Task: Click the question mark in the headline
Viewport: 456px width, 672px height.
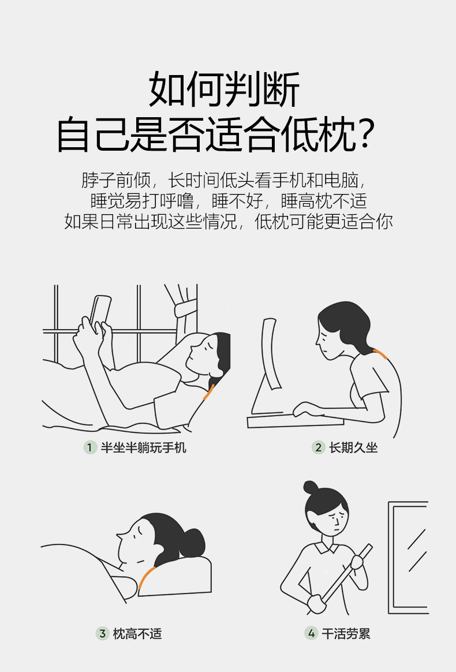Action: pos(365,134)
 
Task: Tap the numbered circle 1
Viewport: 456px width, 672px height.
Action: pos(89,448)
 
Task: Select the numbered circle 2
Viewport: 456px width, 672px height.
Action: pos(318,448)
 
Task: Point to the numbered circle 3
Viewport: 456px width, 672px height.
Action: pos(102,633)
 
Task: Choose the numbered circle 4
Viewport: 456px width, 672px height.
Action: pos(311,633)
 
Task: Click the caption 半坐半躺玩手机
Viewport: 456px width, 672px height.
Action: pos(144,448)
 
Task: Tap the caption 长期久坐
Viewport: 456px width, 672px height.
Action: pos(354,448)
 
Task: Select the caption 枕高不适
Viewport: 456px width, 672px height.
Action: pos(137,633)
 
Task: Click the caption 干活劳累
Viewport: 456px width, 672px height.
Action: pos(346,633)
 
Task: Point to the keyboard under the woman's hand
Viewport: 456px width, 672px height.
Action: pos(296,420)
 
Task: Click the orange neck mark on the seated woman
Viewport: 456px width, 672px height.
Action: pos(380,354)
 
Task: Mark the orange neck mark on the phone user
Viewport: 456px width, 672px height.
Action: pos(208,392)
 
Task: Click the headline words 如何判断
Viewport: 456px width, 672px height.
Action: pos(224,89)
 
